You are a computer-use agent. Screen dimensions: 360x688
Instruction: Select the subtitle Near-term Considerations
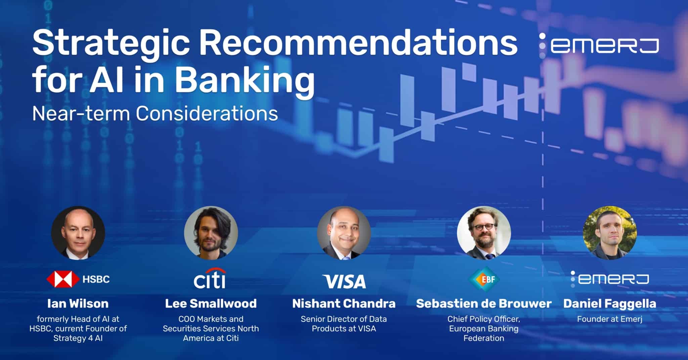(155, 114)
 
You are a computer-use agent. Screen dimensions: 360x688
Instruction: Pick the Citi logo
(210, 279)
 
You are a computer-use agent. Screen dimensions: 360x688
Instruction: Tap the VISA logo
(344, 281)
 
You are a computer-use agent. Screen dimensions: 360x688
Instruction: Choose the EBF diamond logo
(484, 279)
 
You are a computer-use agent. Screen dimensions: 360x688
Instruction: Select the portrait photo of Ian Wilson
(78, 233)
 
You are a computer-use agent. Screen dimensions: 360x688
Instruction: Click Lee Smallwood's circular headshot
(211, 233)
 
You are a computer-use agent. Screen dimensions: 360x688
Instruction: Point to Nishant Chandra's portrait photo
(344, 233)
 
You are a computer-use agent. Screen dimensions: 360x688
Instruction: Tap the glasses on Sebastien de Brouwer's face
(484, 227)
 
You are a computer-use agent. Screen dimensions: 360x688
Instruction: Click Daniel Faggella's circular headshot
(610, 233)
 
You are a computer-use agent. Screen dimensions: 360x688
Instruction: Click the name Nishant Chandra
(344, 304)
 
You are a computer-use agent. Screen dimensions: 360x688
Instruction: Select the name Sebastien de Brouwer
(484, 304)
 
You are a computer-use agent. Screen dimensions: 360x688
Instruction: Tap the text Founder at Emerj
(610, 319)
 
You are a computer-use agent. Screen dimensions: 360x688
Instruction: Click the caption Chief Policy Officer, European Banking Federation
(484, 328)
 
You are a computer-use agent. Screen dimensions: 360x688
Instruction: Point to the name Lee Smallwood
(211, 304)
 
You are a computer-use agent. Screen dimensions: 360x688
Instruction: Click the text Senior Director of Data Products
(344, 323)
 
